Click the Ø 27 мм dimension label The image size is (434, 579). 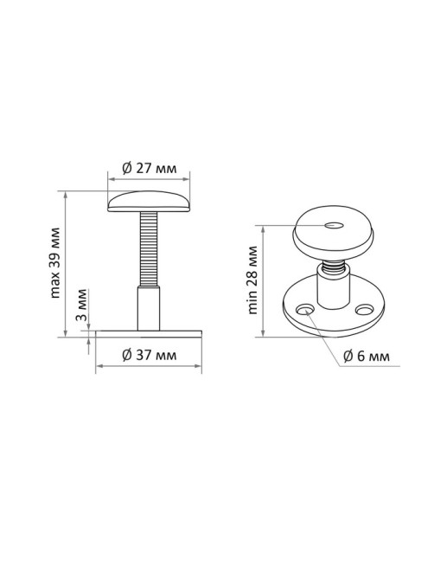coord(149,168)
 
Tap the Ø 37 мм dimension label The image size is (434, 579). coord(149,355)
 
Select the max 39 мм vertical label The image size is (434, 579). coord(54,263)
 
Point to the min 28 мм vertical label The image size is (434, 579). coord(252,280)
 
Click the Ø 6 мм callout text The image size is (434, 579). coord(366,357)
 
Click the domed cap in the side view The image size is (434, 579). coord(149,202)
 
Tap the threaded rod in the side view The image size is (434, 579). coord(149,248)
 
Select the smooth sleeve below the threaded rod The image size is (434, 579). coord(149,308)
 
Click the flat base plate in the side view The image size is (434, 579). coord(149,334)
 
